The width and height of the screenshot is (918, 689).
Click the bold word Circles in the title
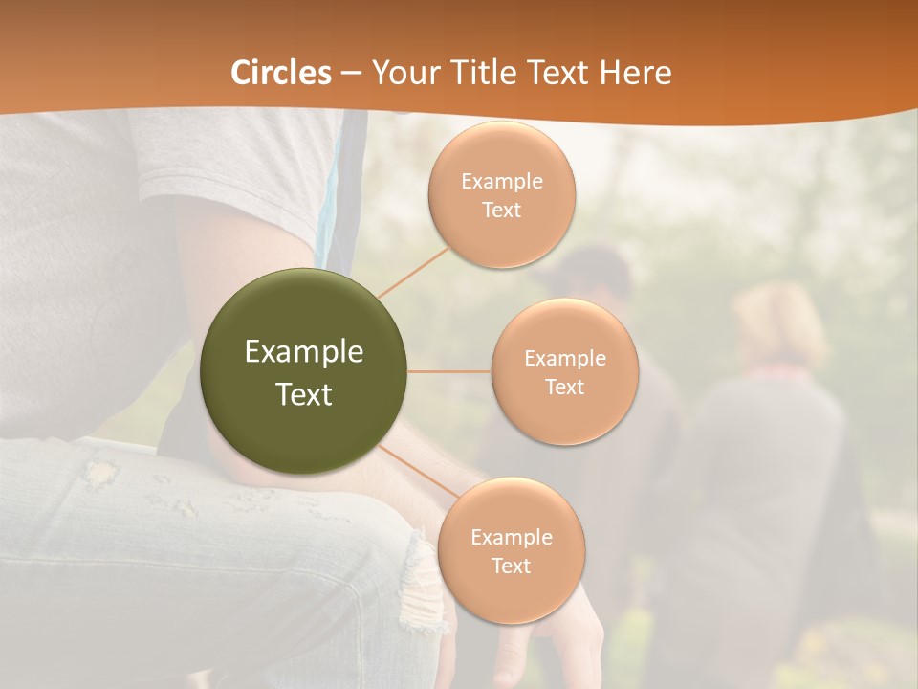tap(280, 73)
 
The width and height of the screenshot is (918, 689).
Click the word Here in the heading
tap(636, 73)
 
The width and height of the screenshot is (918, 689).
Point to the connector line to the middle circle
tap(449, 371)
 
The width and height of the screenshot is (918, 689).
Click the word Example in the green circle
tap(304, 352)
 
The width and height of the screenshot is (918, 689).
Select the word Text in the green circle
tap(304, 394)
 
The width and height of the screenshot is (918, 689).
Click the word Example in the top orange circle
tap(501, 181)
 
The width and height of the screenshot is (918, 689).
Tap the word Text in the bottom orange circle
tap(511, 566)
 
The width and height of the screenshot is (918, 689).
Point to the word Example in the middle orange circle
tap(564, 358)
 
